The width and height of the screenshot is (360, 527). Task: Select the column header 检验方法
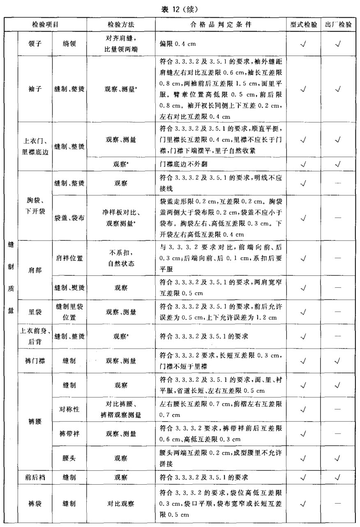click(121, 25)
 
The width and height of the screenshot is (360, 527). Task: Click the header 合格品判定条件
click(221, 25)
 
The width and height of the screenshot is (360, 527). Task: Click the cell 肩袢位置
click(69, 258)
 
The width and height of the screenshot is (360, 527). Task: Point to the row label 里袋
click(35, 312)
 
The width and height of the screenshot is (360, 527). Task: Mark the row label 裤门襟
click(35, 361)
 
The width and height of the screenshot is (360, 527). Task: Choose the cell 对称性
click(69, 409)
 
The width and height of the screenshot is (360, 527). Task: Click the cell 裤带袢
click(69, 434)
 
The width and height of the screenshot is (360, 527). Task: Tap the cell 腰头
click(69, 458)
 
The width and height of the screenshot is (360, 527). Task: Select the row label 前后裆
click(35, 477)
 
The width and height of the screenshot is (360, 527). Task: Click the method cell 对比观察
click(121, 502)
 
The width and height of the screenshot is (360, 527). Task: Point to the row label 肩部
click(35, 270)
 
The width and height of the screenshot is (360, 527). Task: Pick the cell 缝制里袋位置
click(69, 312)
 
